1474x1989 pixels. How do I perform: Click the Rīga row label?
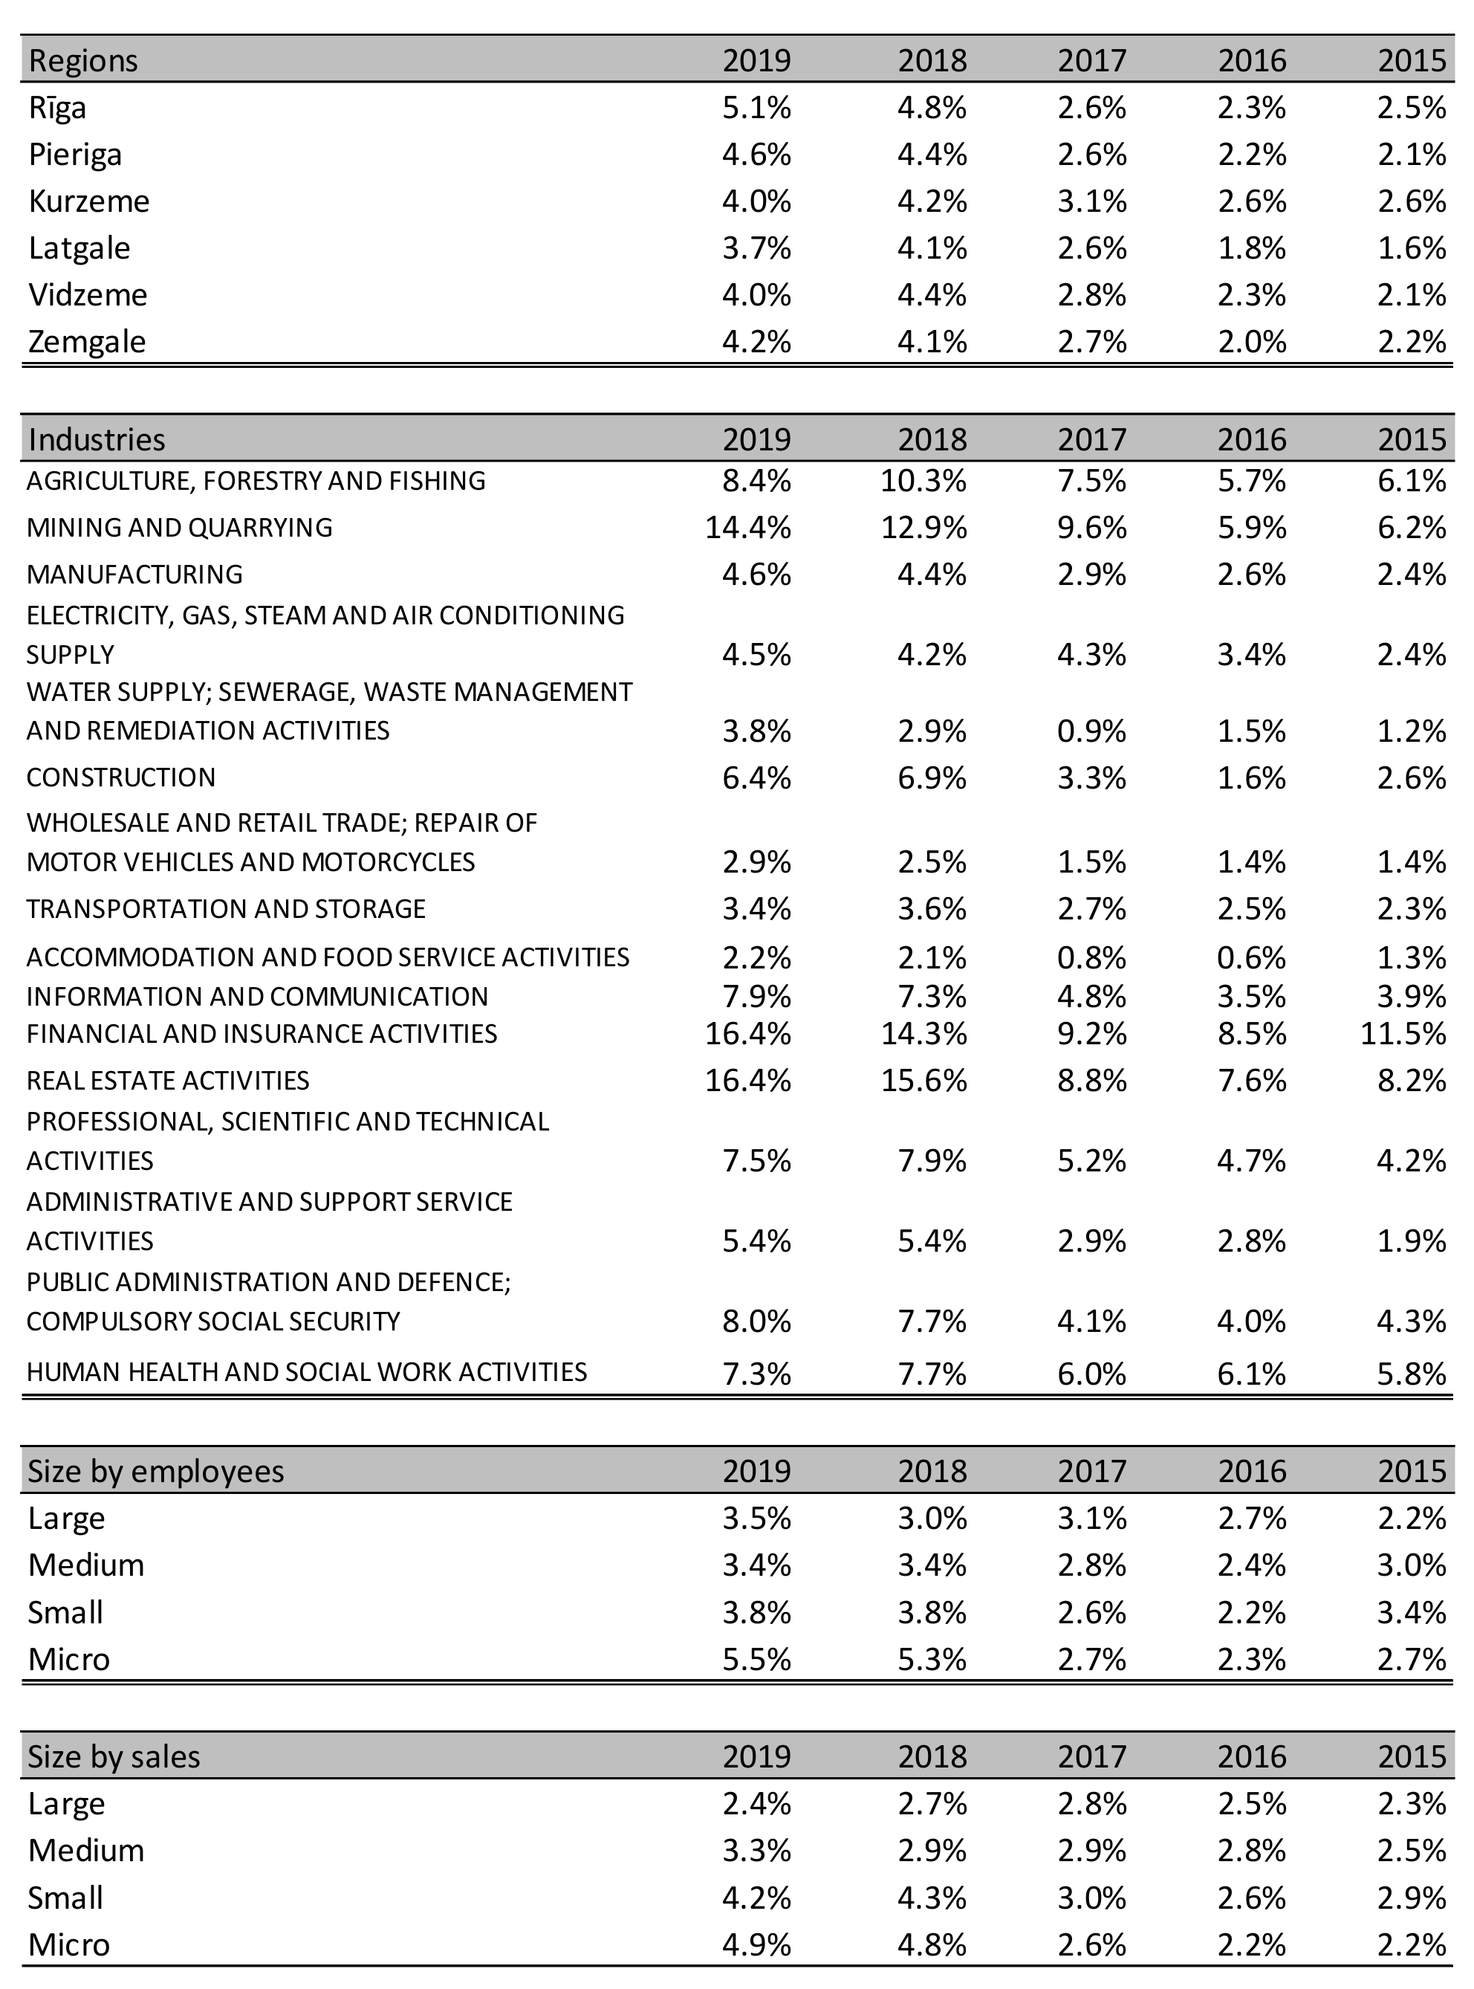(x=58, y=108)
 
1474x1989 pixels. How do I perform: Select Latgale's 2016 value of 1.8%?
(x=1252, y=248)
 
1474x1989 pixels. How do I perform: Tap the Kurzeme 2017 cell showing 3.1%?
(x=1092, y=201)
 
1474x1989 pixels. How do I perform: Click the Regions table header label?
(x=83, y=61)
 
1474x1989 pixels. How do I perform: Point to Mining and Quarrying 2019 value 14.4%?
(x=747, y=528)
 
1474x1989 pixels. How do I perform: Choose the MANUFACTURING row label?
(x=134, y=574)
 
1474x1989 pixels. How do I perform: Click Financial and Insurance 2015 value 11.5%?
(x=1403, y=1034)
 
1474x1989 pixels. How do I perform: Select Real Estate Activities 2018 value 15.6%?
(x=923, y=1081)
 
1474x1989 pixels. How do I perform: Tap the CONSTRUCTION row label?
(x=121, y=777)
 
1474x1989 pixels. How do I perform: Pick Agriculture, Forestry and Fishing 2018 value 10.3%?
(x=923, y=481)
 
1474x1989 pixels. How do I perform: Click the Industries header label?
(x=97, y=439)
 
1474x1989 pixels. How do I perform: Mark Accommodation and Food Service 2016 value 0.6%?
(x=1252, y=958)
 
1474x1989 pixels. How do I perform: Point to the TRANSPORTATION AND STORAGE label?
(x=226, y=909)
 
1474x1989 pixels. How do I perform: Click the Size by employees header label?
(x=155, y=1471)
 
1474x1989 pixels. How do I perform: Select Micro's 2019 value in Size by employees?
(x=756, y=1660)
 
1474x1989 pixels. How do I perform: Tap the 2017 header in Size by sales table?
(x=1092, y=1757)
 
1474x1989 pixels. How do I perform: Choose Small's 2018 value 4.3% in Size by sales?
(x=932, y=1898)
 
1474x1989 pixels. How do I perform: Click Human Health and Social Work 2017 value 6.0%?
(x=1092, y=1373)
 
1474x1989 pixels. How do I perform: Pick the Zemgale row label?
(x=86, y=342)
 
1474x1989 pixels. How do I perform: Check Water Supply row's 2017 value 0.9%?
(x=1092, y=731)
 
